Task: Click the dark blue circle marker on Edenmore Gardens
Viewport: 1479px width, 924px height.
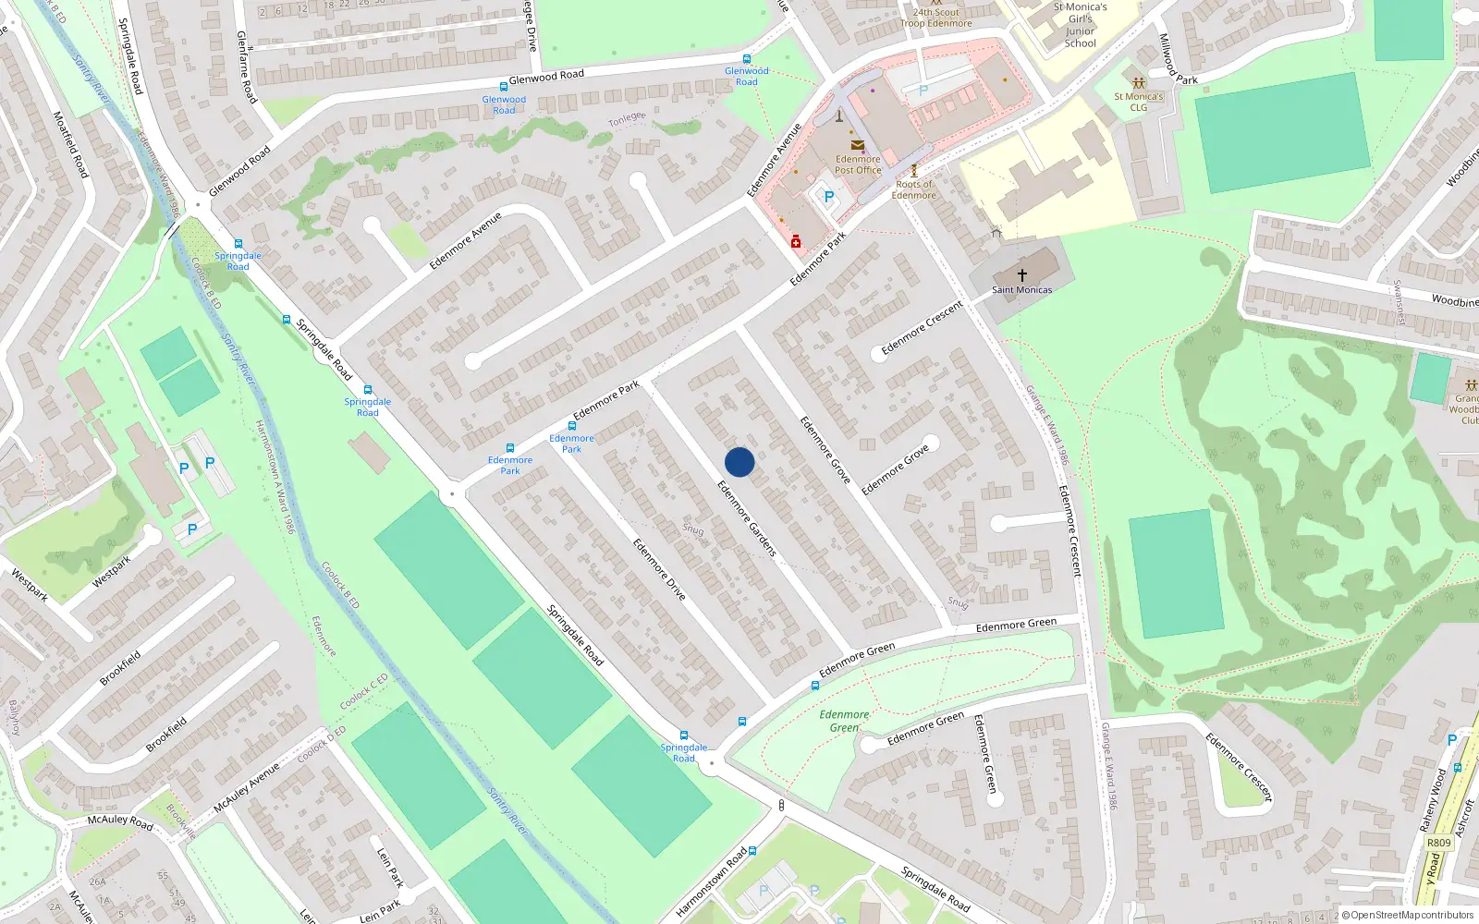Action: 739,462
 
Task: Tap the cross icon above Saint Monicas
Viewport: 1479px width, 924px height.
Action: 1022,274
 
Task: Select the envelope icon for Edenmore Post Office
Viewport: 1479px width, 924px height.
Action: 858,145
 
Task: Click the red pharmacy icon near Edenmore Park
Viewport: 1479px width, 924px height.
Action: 795,241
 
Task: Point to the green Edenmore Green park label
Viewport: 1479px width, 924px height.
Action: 844,721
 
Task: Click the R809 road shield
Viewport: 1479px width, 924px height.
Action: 1438,843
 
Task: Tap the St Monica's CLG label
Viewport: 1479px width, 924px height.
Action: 1138,102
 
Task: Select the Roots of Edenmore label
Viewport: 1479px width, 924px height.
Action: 913,189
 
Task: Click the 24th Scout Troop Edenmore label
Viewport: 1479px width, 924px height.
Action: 935,18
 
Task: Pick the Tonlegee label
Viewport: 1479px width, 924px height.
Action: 627,119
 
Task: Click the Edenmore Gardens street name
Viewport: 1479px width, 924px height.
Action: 747,517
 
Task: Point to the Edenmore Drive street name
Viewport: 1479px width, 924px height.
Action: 659,569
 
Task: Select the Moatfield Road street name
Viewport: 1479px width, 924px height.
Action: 70,145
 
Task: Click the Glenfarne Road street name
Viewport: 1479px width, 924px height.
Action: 246,66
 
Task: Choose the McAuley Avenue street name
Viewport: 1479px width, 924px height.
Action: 246,787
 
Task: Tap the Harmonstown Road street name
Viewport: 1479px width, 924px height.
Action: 711,882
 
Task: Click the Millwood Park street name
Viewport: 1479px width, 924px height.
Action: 1177,61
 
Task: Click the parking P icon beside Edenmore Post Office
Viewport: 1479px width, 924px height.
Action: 828,197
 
